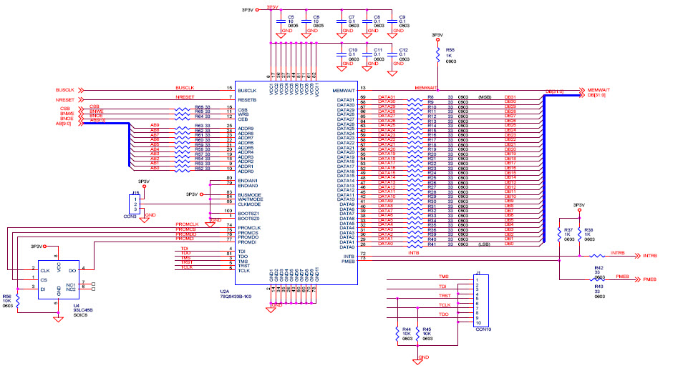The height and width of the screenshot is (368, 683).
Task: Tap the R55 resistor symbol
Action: [x=438, y=55]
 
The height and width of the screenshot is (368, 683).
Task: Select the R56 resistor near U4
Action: [x=18, y=301]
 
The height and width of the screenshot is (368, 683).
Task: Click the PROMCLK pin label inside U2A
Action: [x=248, y=227]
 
